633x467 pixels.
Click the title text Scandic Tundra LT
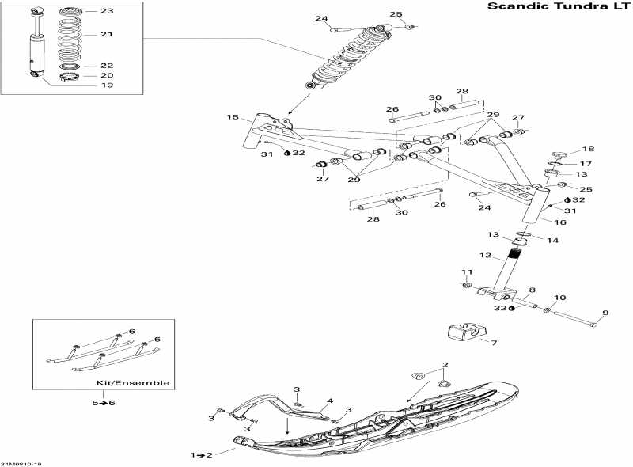pyautogui.click(x=559, y=6)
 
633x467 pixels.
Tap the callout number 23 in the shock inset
pyautogui.click(x=107, y=11)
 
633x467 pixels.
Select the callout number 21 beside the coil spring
pyautogui.click(x=107, y=34)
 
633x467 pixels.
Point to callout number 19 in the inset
pyautogui.click(x=107, y=85)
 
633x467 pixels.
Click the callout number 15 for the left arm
pyautogui.click(x=233, y=117)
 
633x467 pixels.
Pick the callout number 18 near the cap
pyautogui.click(x=588, y=149)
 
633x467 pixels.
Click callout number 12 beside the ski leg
pyautogui.click(x=486, y=256)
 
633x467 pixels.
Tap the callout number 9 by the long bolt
pyautogui.click(x=605, y=313)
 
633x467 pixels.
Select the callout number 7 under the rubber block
pyautogui.click(x=494, y=343)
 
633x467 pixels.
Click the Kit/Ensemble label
pyautogui.click(x=133, y=383)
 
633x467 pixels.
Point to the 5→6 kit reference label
pyautogui.click(x=104, y=403)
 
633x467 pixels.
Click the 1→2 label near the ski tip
pyautogui.click(x=202, y=455)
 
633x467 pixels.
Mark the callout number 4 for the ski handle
pyautogui.click(x=330, y=401)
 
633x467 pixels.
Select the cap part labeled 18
pyautogui.click(x=559, y=154)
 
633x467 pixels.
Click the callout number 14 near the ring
pyautogui.click(x=552, y=241)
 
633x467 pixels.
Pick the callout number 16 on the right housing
pyautogui.click(x=560, y=222)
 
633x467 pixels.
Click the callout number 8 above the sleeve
pyautogui.click(x=532, y=290)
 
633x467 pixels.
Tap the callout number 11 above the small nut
pyautogui.click(x=467, y=271)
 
